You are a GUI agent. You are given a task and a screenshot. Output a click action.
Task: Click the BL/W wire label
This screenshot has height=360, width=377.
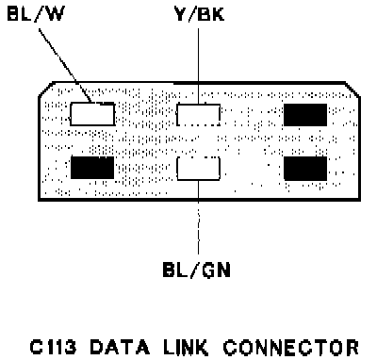coord(36,13)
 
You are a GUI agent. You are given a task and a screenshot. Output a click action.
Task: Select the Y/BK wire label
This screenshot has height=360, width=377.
coord(199,14)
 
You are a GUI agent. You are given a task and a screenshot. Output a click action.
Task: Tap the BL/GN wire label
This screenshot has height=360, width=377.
coord(197,270)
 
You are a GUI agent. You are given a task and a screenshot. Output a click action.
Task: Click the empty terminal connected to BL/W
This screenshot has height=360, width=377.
coord(92,114)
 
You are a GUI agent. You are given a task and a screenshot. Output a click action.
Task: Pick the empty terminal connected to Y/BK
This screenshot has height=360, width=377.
coord(198,115)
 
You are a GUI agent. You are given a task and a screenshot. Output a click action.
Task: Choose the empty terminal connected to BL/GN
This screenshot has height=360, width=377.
coord(198,169)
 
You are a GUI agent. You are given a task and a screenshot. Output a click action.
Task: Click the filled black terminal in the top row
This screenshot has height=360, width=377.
coord(305,115)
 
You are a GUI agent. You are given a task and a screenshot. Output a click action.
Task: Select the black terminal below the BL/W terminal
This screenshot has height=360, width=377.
coord(92,168)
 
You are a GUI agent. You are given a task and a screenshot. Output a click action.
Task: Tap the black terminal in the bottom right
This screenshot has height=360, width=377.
coord(305,169)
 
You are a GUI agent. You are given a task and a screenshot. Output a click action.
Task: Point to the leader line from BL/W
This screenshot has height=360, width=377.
coord(65,66)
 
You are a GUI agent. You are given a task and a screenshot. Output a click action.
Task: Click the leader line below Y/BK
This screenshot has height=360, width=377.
coord(198,66)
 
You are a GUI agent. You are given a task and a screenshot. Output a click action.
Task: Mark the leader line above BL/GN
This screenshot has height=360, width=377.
coord(198,217)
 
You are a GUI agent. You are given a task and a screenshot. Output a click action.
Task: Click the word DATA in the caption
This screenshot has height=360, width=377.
coord(120,347)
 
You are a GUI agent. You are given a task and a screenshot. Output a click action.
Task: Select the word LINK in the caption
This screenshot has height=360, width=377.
coord(186,347)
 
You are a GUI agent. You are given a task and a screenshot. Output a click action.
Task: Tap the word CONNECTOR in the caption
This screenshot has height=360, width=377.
coord(290,347)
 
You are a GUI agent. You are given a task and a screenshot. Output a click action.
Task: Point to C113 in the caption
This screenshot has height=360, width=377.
coord(53,347)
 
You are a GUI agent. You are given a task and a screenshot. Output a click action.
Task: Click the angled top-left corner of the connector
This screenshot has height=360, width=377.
coord(45,90)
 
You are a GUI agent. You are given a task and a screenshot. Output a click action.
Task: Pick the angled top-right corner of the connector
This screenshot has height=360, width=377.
coord(352,90)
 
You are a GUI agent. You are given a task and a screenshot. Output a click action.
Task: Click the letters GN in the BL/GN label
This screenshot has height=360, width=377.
coord(216,270)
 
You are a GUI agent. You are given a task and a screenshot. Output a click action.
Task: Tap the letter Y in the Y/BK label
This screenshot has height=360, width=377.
coord(181,14)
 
